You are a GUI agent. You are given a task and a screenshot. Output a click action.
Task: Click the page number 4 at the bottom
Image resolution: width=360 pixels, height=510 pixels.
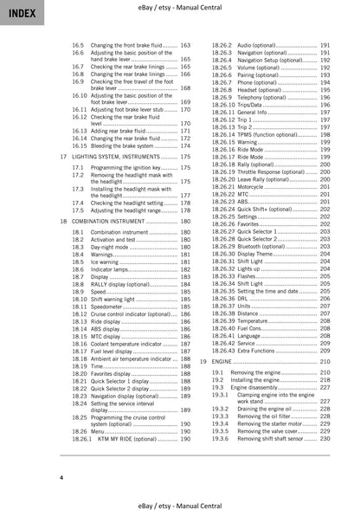click(61, 477)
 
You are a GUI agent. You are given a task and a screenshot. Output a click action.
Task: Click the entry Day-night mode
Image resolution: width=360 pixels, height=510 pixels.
click(111, 248)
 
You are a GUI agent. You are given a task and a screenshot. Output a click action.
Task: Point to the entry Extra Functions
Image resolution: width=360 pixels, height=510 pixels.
click(260, 348)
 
